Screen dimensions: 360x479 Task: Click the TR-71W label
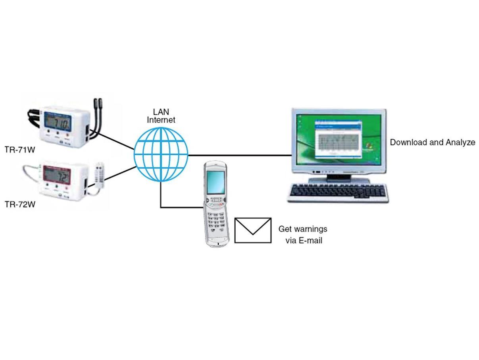point(19,150)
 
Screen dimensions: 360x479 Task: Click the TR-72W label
point(20,204)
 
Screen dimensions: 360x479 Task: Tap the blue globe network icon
point(161,154)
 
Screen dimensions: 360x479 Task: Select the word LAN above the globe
point(161,112)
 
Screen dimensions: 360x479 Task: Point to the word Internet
point(161,120)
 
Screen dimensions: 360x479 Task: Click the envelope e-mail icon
point(253,230)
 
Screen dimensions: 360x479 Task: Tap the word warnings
point(310,229)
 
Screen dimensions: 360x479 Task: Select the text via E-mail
point(304,240)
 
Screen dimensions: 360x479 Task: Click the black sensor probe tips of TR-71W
point(97,104)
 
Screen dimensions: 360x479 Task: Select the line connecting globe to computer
point(240,155)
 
